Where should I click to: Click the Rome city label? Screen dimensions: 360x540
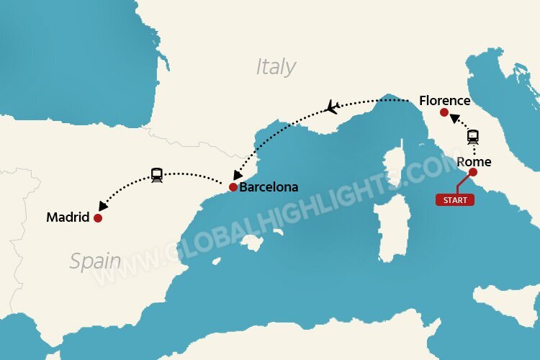[474, 162]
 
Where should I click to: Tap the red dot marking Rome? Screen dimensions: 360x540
[473, 172]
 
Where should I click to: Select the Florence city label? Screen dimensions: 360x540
[445, 101]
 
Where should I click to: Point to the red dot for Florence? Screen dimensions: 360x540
[444, 113]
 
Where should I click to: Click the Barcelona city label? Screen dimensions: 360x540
[269, 187]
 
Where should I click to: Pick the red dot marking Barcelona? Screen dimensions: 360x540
[233, 187]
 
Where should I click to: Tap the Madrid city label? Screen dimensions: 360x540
[68, 217]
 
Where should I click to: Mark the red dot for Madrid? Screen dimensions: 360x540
[97, 217]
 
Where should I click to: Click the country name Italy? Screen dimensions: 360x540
[276, 67]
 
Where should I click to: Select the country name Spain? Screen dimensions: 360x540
[95, 261]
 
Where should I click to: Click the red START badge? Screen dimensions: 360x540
[455, 200]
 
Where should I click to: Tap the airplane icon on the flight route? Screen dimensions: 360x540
[332, 107]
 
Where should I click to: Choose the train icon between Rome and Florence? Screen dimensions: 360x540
[473, 137]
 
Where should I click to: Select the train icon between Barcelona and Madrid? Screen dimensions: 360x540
[157, 174]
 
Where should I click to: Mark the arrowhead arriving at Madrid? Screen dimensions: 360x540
[104, 207]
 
